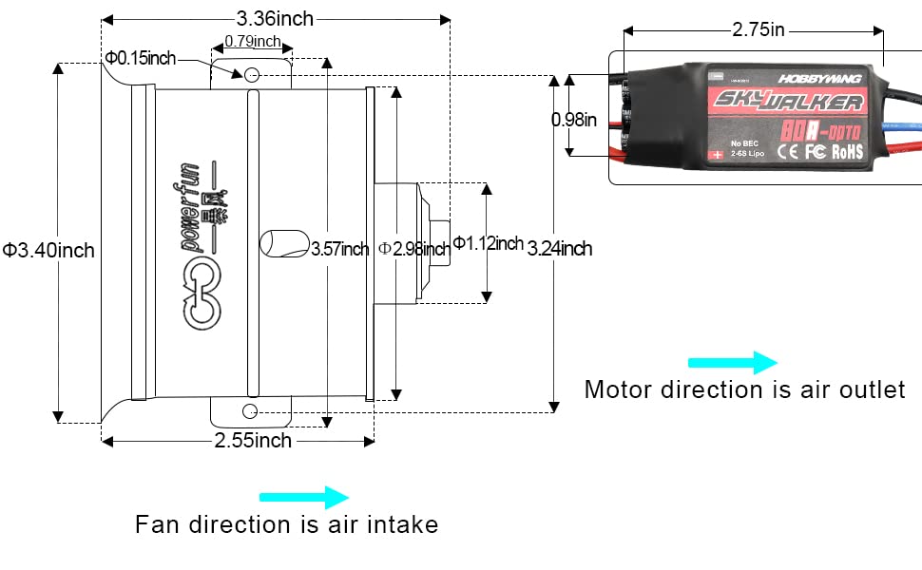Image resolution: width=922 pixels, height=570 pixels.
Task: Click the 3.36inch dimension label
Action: [x=275, y=18]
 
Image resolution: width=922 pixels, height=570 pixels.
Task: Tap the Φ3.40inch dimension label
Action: [x=48, y=250]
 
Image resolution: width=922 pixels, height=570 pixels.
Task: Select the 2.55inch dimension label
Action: [x=253, y=440]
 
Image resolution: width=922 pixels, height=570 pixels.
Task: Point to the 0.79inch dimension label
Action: [x=253, y=41]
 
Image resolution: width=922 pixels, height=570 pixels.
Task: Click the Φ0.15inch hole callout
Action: [x=141, y=59]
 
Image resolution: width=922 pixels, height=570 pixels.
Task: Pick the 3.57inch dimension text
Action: [x=340, y=249]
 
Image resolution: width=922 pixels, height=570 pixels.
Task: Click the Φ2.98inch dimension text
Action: [x=413, y=249]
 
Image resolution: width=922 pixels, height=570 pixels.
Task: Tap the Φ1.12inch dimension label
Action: [x=488, y=243]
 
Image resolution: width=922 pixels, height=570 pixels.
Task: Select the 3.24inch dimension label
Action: [x=560, y=249]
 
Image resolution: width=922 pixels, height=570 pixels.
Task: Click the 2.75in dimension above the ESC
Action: [x=758, y=29]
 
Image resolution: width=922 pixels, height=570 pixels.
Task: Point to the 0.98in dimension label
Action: [x=574, y=120]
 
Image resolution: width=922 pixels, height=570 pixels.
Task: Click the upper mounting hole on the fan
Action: [x=252, y=74]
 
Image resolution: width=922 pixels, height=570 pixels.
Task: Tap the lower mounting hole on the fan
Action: [x=250, y=410]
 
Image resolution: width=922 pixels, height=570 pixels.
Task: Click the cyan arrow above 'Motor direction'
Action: [x=733, y=362]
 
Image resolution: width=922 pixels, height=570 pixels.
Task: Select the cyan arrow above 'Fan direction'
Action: [x=304, y=497]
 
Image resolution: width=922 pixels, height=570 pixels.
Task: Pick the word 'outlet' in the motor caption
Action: [x=866, y=389]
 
